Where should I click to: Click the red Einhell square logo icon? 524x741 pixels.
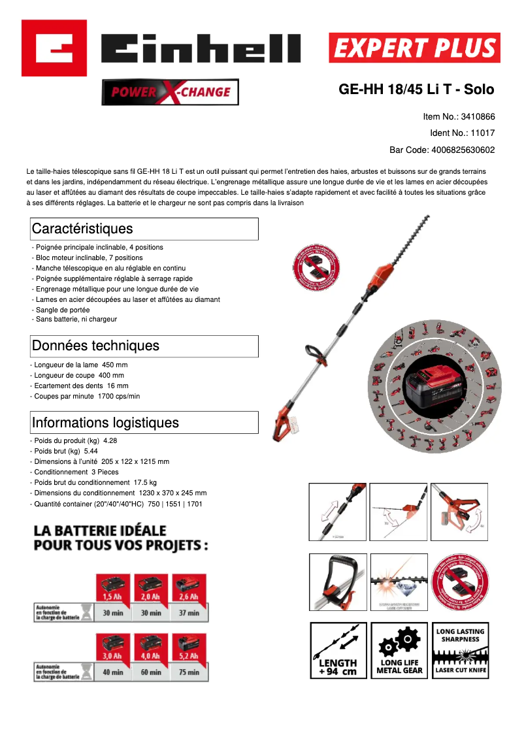54,48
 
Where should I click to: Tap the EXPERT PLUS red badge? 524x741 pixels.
414,48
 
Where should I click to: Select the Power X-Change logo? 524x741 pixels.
170,92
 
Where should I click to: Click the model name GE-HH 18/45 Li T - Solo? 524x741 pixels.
416,90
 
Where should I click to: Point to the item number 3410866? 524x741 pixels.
478,117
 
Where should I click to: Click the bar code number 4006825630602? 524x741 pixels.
463,150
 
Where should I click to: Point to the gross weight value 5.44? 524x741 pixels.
91,451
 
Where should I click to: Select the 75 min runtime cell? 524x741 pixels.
189,672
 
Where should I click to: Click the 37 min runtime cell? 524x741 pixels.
189,613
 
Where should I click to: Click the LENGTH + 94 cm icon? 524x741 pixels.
338,650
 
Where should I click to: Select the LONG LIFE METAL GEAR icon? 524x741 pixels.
399,650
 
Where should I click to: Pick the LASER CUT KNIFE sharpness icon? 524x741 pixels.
461,650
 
